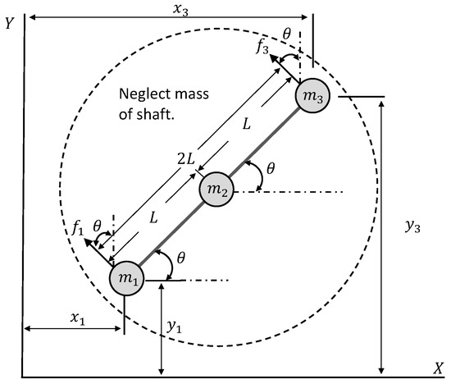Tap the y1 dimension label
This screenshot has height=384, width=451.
point(173,327)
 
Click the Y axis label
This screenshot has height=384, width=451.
point(8,24)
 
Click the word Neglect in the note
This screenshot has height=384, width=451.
point(144,93)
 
